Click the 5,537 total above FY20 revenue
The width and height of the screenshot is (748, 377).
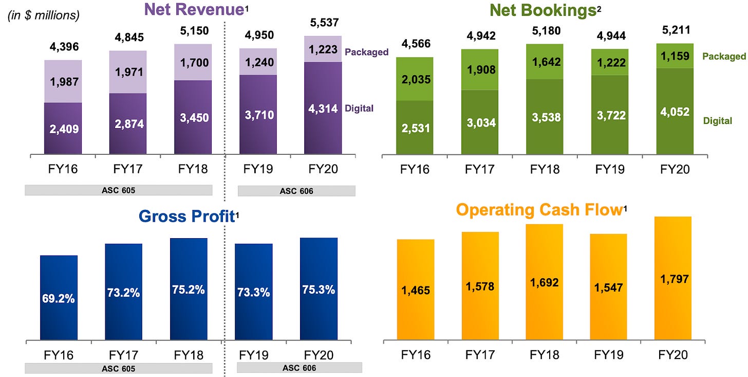click(x=323, y=23)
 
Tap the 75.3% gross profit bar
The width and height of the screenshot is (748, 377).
click(x=319, y=289)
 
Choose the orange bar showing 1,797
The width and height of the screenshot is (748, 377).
click(x=673, y=279)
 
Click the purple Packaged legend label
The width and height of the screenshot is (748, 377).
click(x=366, y=52)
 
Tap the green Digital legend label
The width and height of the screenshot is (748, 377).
click(x=718, y=121)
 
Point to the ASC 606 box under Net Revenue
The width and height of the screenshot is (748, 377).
click(x=296, y=191)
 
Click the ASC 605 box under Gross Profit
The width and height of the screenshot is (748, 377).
click(x=118, y=368)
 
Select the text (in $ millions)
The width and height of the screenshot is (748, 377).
click(x=44, y=15)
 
